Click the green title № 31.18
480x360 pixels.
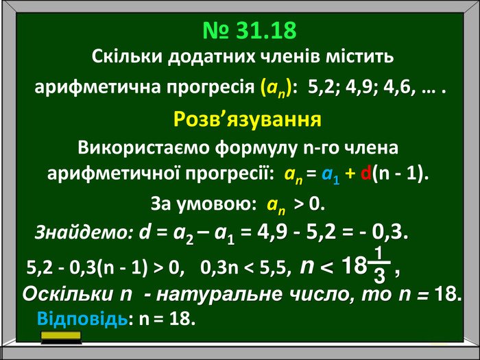pyautogui.click(x=250, y=30)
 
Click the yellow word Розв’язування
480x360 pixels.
pyautogui.click(x=248, y=119)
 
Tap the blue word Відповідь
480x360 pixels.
pyautogui.click(x=82, y=319)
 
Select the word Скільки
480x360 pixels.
pyautogui.click(x=126, y=56)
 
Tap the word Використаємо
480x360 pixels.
pyautogui.click(x=143, y=147)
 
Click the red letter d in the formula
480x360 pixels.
pyautogui.click(x=365, y=173)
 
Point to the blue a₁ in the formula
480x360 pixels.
pyautogui.click(x=331, y=176)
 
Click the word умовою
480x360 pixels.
pyautogui.click(x=217, y=204)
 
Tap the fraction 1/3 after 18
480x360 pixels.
pyautogui.click(x=379, y=264)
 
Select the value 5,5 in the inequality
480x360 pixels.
pyautogui.click(x=276, y=268)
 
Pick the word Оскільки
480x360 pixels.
pyautogui.click(x=68, y=294)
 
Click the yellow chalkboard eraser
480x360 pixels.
pyautogui.click(x=61, y=337)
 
